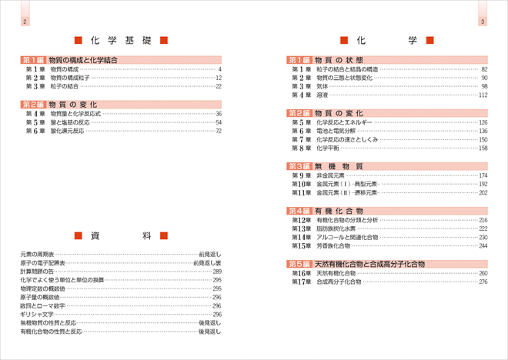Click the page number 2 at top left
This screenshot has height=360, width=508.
pyautogui.click(x=25, y=22)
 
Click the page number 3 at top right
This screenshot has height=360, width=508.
pyautogui.click(x=483, y=22)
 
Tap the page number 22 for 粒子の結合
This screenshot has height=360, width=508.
pyautogui.click(x=219, y=86)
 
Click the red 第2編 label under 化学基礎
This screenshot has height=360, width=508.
pyautogui.click(x=34, y=104)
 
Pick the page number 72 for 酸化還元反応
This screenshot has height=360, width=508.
pyautogui.click(x=219, y=131)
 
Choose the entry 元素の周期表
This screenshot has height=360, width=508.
pyautogui.click(x=37, y=253)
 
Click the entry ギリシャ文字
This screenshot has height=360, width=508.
pyautogui.click(x=38, y=314)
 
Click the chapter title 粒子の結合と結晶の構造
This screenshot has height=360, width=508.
pyautogui.click(x=347, y=69)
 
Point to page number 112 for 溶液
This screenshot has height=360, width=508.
pyautogui.click(x=483, y=95)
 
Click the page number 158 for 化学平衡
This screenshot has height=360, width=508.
pyautogui.click(x=483, y=148)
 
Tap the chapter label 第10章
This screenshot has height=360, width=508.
pyautogui.click(x=301, y=184)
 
